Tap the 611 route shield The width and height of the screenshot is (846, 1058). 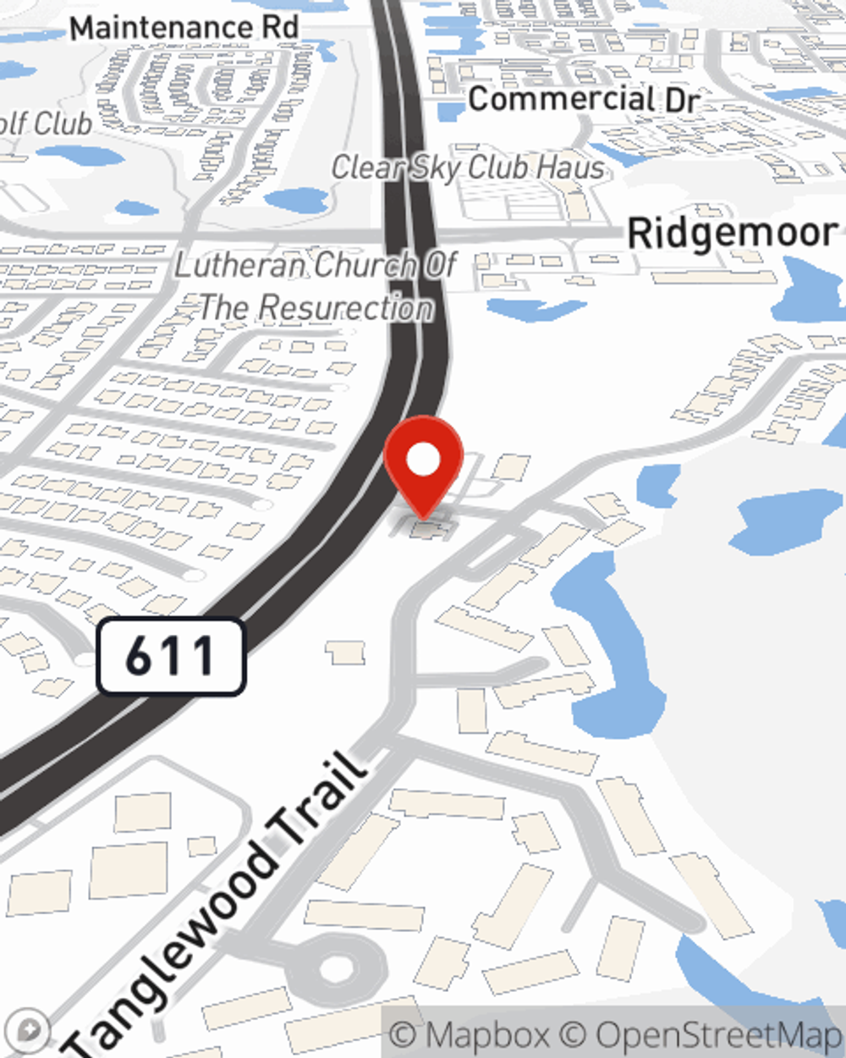[171, 657]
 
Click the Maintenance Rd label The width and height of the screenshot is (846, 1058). [184, 28]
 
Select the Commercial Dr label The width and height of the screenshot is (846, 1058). [584, 100]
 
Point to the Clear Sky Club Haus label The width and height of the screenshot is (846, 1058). [468, 168]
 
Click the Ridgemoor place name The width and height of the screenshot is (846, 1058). [733, 233]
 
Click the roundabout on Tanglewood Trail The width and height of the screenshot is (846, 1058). [337, 966]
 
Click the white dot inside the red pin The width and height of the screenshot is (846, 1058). [424, 460]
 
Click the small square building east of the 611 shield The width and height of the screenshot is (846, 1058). [345, 653]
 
